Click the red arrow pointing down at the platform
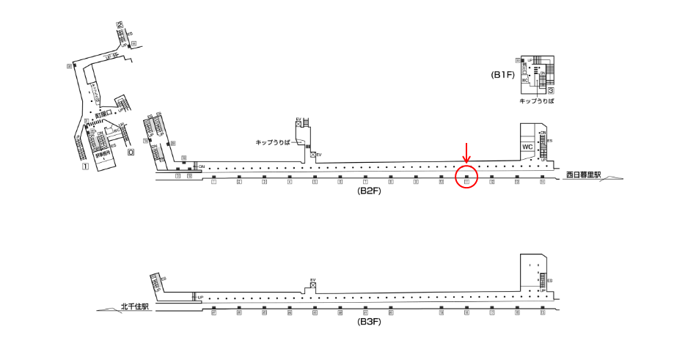point(466,153)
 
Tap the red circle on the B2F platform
point(466,177)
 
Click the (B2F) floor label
point(369,191)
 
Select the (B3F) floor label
point(369,321)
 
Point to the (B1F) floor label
point(505,75)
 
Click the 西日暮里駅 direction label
point(583,175)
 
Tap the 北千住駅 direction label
point(136,307)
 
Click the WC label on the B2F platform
point(527,147)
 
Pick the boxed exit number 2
point(120,25)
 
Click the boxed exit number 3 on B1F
point(549,90)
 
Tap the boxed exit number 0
point(131,153)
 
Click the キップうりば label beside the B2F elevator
point(274,141)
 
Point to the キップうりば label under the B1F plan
point(536,100)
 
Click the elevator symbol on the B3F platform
point(312,287)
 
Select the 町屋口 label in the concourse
point(104,114)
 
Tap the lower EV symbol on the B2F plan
point(313,155)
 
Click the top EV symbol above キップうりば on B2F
point(299,125)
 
